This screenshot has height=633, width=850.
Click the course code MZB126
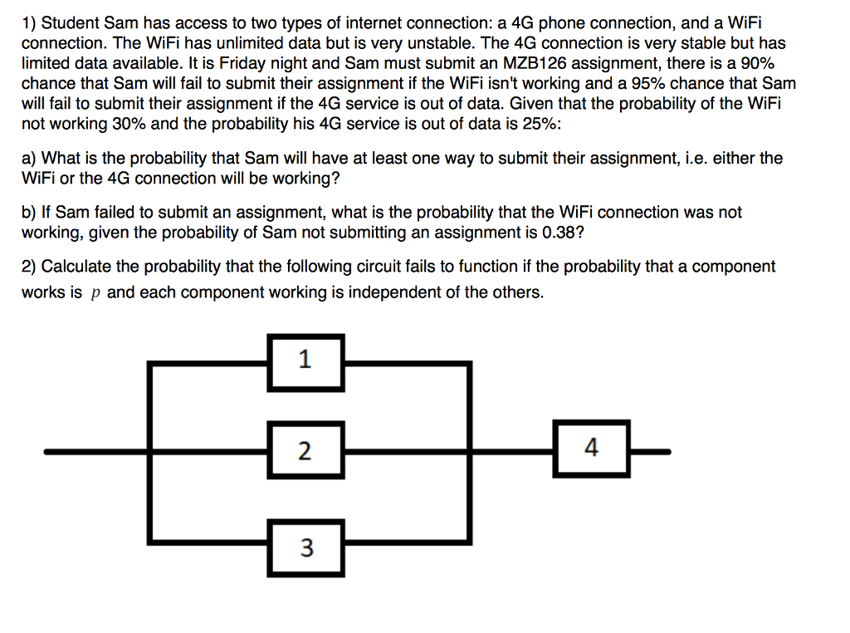coord(535,63)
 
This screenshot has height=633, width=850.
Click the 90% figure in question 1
coord(757,63)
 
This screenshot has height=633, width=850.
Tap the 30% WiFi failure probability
coord(129,124)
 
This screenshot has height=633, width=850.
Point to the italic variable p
coord(95,293)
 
